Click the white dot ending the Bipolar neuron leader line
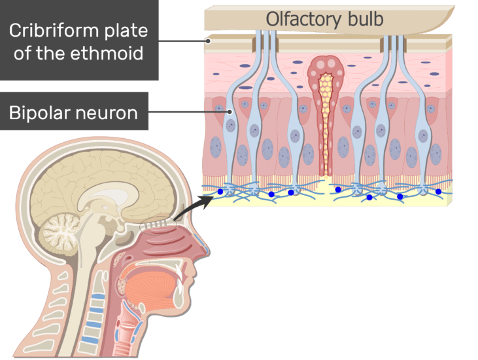tap(230, 112)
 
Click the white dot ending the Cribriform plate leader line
tap(209, 41)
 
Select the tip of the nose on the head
tap(208, 252)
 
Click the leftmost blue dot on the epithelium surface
tap(220, 191)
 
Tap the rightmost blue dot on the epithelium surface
tap(438, 191)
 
